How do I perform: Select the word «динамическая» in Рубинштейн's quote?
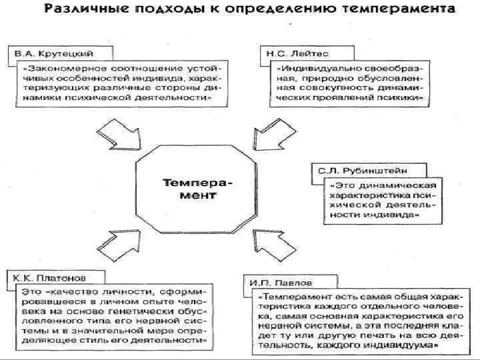point(400,185)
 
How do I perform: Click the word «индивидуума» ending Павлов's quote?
point(403,348)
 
